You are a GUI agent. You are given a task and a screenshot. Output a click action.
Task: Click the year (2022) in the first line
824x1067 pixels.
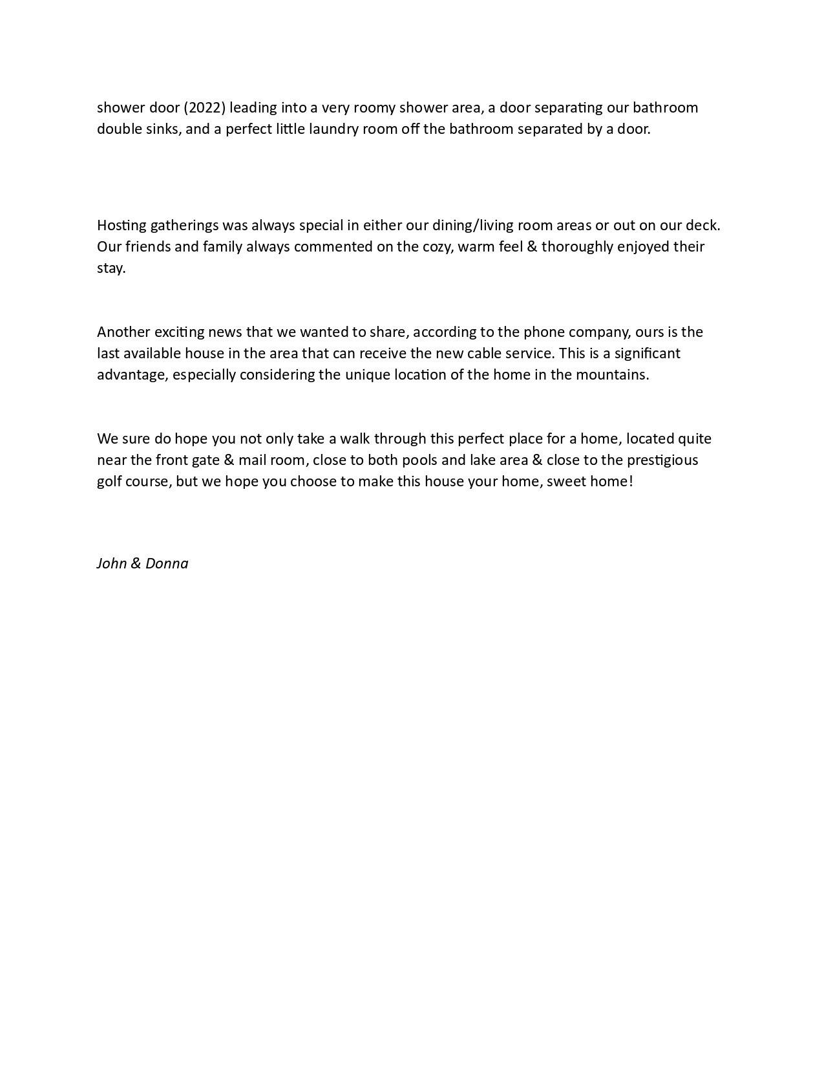click(x=205, y=107)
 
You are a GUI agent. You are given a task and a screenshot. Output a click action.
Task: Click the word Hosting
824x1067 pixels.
click(x=121, y=225)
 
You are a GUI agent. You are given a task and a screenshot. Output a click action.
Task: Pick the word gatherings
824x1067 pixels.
click(x=184, y=225)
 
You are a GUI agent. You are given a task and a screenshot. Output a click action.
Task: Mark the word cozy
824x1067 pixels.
click(x=438, y=246)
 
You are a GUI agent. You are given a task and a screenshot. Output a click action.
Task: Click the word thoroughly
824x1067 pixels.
click(x=577, y=246)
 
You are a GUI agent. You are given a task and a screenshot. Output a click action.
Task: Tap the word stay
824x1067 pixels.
click(x=110, y=268)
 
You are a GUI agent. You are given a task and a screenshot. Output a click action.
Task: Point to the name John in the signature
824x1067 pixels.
click(x=111, y=563)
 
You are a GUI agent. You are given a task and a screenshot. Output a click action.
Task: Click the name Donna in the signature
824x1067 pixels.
click(x=167, y=563)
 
